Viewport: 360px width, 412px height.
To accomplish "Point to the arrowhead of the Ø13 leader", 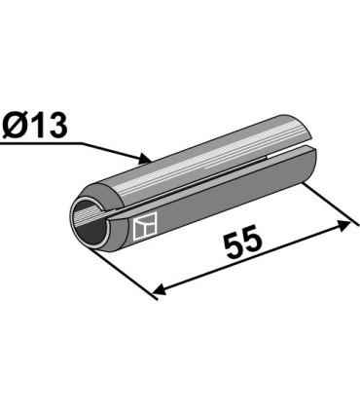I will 145,158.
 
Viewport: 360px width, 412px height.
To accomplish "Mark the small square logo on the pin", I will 145,228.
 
